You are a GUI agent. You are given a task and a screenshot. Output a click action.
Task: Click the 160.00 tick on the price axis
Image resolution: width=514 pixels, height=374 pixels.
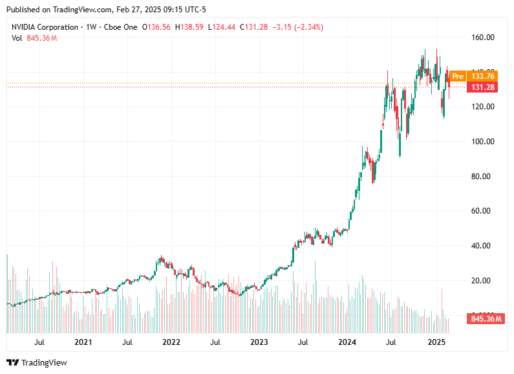click(x=482, y=38)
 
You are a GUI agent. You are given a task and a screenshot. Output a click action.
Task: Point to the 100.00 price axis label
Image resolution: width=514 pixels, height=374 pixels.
click(x=482, y=142)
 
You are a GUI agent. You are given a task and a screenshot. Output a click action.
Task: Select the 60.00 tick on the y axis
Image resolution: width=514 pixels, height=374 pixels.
click(x=482, y=211)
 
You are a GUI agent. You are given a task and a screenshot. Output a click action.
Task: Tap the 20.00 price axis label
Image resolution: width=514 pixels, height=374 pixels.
click(x=482, y=281)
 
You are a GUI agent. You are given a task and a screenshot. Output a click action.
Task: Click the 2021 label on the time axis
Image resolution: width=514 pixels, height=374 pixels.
click(x=83, y=342)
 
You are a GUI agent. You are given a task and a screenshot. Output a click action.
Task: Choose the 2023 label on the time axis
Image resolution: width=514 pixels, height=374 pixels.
click(x=259, y=342)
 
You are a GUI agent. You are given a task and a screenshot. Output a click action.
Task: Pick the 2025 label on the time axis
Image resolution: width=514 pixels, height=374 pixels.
click(x=437, y=342)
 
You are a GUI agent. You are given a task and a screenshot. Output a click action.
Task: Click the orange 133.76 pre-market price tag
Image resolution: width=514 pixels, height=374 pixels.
click(x=482, y=76)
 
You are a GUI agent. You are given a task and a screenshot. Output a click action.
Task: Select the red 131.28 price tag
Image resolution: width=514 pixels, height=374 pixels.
click(x=482, y=87)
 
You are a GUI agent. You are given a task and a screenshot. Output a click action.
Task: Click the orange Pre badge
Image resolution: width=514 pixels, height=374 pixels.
click(x=458, y=76)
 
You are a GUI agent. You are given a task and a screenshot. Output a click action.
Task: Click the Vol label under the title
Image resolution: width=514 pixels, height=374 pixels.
click(x=17, y=38)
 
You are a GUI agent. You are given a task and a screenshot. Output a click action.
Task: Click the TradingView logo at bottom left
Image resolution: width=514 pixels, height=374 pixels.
click(x=37, y=363)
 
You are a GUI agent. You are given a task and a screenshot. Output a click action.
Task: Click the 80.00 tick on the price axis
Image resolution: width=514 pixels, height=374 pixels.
click(x=482, y=177)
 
